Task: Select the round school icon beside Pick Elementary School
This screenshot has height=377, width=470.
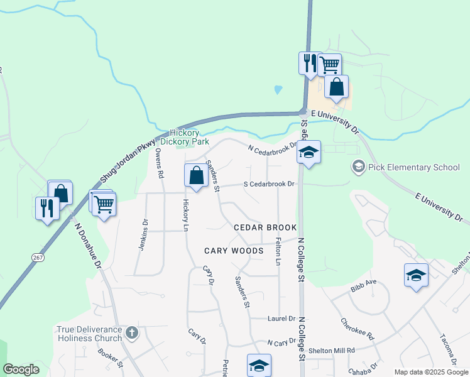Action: coord(359,167)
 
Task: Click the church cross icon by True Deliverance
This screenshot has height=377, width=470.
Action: coord(132,331)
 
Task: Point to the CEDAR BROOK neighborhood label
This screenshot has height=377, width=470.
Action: coord(265,227)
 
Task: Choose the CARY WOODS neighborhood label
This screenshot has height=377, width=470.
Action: coord(234,251)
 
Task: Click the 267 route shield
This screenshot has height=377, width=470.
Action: coord(37,258)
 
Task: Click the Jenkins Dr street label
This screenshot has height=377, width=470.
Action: coord(144,234)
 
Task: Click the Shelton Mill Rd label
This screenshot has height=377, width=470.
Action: coord(331,350)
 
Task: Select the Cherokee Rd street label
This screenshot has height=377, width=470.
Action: coord(362,327)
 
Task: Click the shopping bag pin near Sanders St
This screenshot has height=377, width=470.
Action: coord(196,175)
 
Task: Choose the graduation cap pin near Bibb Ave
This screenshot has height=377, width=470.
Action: coord(416,275)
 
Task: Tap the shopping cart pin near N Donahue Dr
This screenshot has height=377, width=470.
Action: coord(104,203)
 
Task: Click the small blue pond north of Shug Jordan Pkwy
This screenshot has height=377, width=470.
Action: coord(278,90)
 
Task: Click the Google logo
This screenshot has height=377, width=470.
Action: coord(21,369)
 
